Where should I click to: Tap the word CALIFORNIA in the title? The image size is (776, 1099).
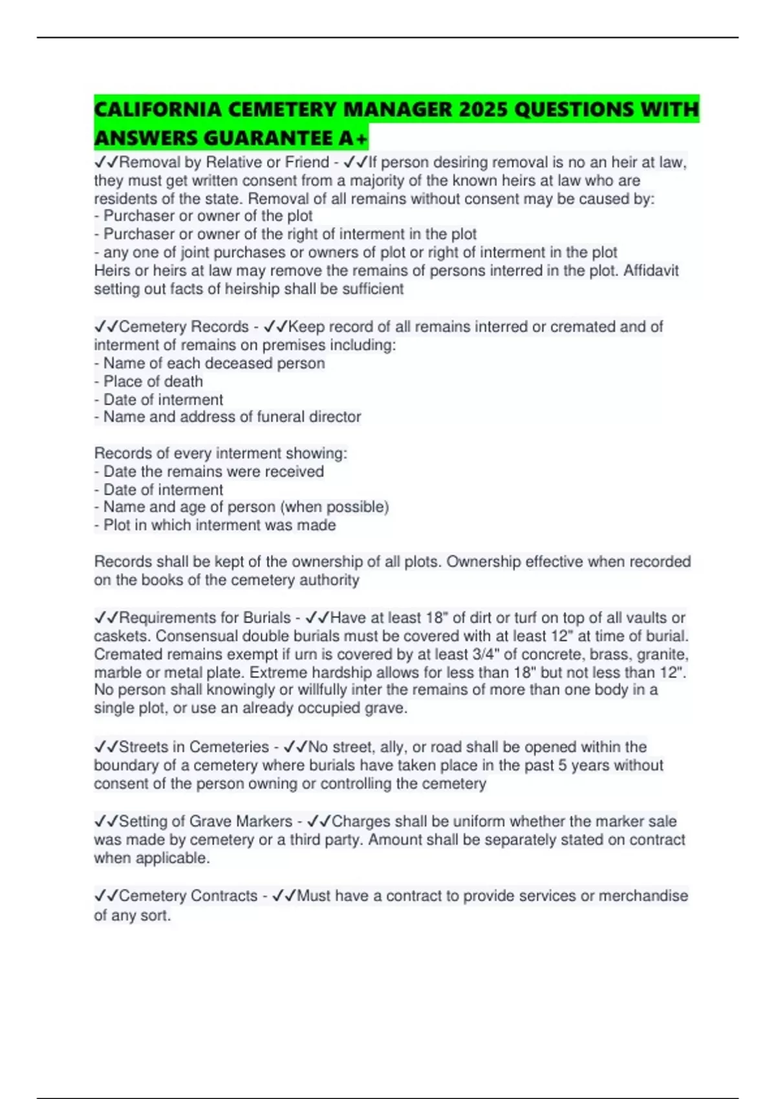point(157,109)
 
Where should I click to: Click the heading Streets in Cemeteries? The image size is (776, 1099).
point(193,747)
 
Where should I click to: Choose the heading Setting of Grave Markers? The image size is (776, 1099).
point(205,822)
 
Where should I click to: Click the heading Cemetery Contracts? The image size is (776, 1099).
point(188,896)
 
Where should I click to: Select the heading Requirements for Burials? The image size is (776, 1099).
point(204,618)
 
